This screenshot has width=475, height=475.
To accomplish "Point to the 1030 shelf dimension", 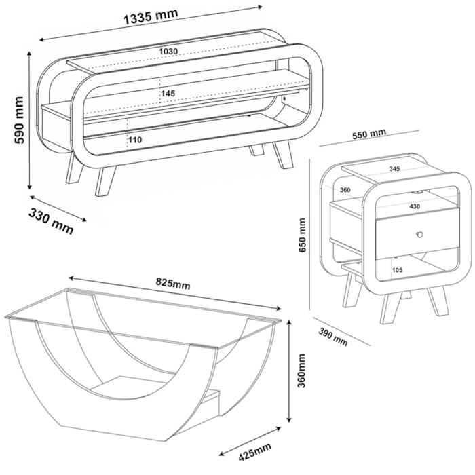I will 168,52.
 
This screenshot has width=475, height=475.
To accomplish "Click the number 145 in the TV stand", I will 168,93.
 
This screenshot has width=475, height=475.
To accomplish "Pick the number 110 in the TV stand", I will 135,139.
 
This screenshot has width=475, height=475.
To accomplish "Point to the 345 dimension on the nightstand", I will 394,168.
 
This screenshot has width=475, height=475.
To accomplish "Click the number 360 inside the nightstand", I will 345,190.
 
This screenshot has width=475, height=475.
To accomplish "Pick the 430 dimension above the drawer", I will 415,206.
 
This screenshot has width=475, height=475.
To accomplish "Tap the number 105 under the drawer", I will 398,269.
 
